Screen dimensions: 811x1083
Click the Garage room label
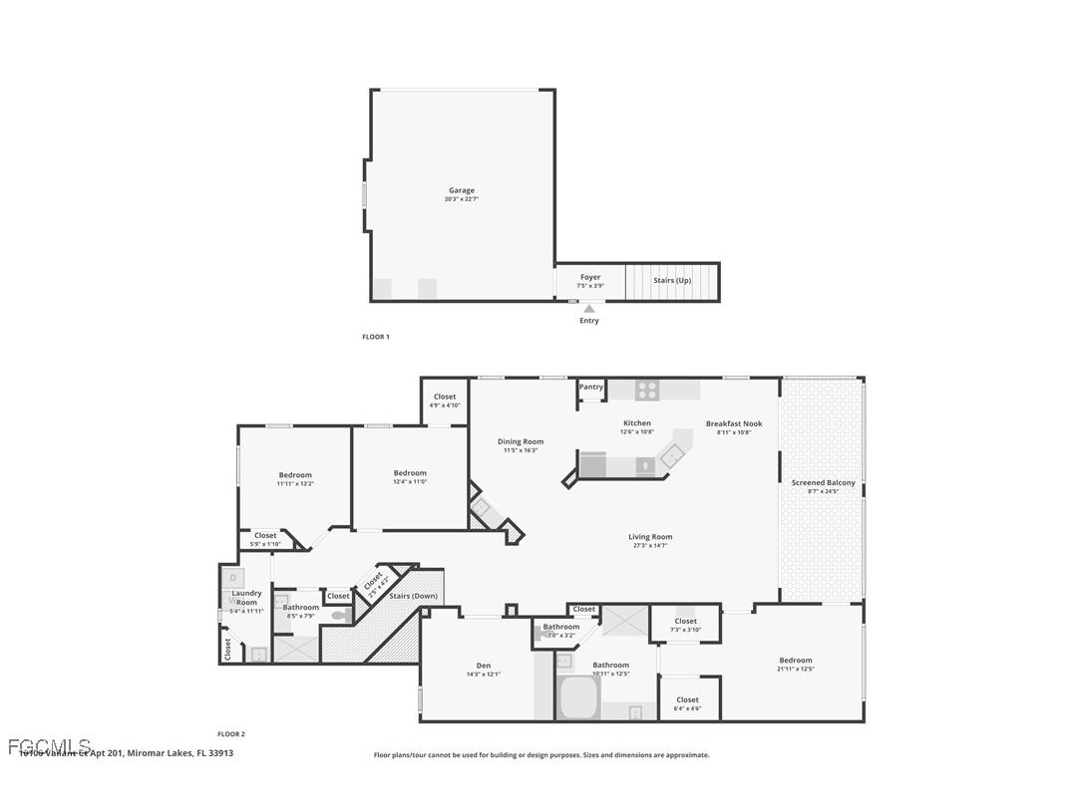coord(461,190)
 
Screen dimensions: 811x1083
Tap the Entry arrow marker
coord(589,309)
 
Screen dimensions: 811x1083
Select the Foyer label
coord(590,277)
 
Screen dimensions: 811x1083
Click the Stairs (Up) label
coord(672,280)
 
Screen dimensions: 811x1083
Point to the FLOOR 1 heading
coord(375,337)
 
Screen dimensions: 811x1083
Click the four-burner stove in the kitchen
coord(647,391)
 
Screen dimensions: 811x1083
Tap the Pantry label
coord(591,387)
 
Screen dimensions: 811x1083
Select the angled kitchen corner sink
coord(675,453)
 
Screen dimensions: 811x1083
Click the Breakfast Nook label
coord(734,423)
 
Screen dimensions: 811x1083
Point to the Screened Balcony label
coord(823,482)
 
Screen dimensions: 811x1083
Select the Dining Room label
coord(521,441)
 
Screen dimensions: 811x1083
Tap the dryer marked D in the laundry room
coord(232,577)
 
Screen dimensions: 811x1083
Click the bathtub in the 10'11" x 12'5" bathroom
coord(577,697)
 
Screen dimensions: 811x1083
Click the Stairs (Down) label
coord(412,596)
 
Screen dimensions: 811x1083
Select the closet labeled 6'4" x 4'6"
coord(688,699)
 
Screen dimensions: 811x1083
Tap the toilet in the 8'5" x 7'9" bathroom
coord(339,616)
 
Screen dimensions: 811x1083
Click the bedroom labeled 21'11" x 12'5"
coord(795,660)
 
